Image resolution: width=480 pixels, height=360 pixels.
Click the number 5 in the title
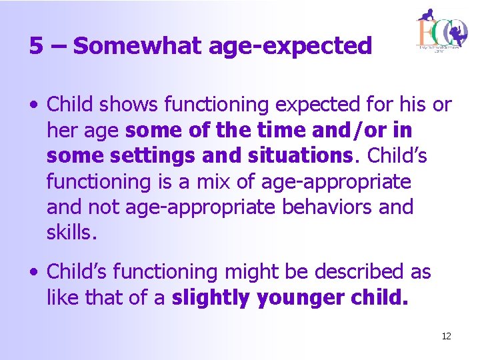click(x=36, y=46)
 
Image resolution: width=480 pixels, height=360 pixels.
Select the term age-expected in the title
click(x=290, y=46)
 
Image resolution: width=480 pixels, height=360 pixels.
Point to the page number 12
click(x=446, y=336)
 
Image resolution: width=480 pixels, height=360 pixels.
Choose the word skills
click(x=69, y=233)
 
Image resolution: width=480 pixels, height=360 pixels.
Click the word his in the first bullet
click(x=412, y=105)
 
